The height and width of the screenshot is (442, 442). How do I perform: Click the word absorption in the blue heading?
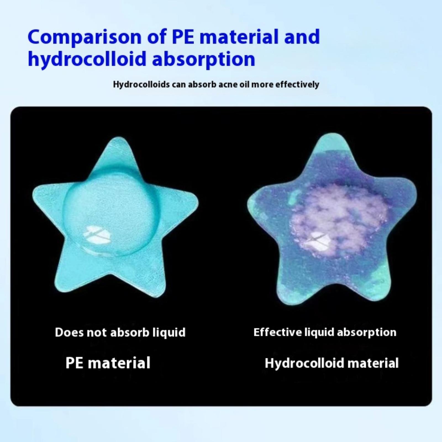coord(204,59)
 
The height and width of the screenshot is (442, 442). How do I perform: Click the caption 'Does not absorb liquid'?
coord(120,332)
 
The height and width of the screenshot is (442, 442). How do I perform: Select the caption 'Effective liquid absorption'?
coord(325,332)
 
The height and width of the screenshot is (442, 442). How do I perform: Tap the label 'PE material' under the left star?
coord(108,363)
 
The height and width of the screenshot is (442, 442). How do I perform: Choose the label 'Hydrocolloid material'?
coord(331,363)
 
